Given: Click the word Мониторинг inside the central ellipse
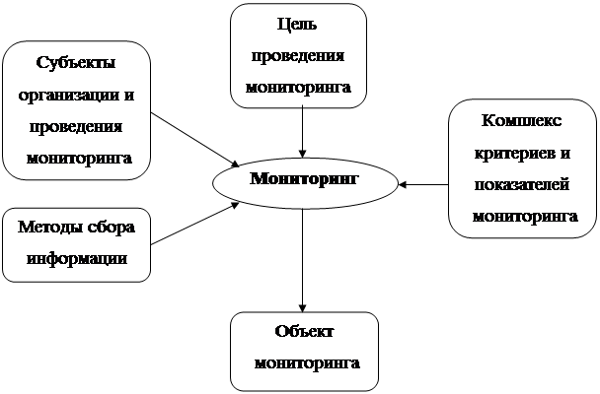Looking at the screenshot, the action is point(304,178).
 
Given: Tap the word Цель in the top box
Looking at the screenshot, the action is point(297,25).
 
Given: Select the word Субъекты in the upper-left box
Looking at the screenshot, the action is point(76,63).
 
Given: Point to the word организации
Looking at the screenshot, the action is point(69,96).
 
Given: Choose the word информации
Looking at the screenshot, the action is point(77,259).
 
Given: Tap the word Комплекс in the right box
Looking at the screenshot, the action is point(522,121).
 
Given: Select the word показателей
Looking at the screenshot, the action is point(522,185).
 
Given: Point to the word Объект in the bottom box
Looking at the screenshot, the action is point(304,331).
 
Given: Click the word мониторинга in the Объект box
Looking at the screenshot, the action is point(307,363).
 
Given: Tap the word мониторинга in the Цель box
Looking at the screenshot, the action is point(298,88).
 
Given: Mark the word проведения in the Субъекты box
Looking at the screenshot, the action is point(76,127).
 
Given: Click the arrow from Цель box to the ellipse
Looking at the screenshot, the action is point(303,131).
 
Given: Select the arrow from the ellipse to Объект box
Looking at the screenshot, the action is point(303,260).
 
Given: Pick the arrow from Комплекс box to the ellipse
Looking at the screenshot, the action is point(423,185).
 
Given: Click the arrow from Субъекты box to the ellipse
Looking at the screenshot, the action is point(195,140).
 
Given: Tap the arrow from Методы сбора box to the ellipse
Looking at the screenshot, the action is point(195,224).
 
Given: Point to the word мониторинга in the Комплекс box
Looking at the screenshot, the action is point(525,218).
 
